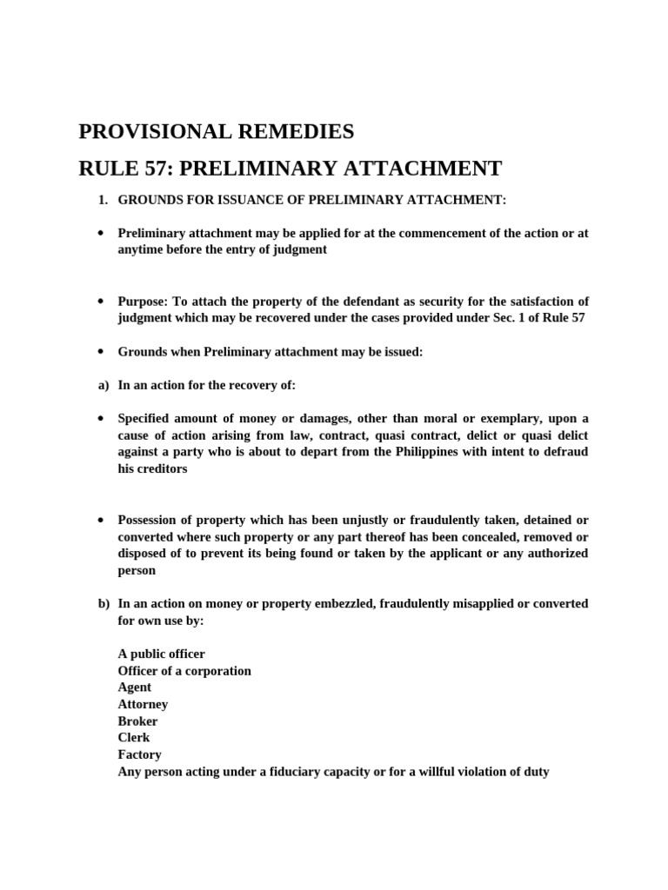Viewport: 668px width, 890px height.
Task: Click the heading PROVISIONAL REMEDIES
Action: [217, 132]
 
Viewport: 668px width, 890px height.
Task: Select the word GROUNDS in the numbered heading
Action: [150, 200]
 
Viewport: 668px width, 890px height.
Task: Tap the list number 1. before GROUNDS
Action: [103, 200]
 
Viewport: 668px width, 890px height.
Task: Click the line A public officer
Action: [162, 654]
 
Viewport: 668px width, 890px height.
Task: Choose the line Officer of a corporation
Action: [184, 671]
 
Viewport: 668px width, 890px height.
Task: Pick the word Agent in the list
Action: [135, 687]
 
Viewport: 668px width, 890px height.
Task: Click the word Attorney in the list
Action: [143, 704]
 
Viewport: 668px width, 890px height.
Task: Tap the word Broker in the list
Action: [138, 721]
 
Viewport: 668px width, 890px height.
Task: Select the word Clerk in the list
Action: [134, 738]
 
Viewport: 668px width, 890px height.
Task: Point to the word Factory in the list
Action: [140, 754]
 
